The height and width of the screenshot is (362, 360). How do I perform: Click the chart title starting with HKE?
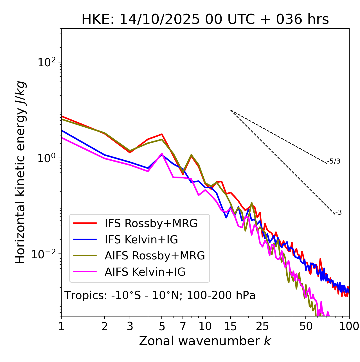205,20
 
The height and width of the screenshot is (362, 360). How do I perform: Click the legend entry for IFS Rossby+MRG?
151,223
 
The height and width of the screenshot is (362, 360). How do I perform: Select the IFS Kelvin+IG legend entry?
141,239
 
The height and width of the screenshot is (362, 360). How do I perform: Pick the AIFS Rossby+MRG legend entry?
155,256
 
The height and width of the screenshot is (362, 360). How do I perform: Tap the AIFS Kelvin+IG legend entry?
145,272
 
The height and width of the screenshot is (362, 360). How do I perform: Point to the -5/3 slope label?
334,162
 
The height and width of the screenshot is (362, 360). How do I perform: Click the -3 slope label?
338,213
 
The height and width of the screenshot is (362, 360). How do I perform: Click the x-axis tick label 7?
183,326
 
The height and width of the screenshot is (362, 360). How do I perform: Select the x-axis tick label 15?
231,326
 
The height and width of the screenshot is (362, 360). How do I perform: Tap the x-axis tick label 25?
262,326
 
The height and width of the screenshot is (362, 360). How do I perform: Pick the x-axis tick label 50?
306,326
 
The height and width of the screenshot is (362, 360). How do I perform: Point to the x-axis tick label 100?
349,326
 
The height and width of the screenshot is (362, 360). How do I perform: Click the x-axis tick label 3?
130,326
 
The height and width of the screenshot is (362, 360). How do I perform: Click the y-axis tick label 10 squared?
46,62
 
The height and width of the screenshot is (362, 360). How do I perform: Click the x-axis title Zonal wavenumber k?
205,341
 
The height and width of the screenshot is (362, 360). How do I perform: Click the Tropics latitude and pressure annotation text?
160,296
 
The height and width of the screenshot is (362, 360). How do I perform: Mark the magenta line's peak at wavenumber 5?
162,153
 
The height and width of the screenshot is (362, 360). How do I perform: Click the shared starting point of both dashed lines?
231,110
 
